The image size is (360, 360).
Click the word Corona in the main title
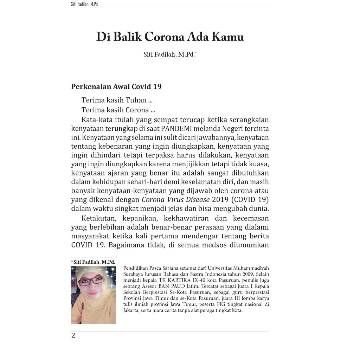pos(164,37)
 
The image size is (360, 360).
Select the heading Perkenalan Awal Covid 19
pos(116,86)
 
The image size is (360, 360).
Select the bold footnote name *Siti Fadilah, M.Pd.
pos(94,262)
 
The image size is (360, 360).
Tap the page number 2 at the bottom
pos(73,336)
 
